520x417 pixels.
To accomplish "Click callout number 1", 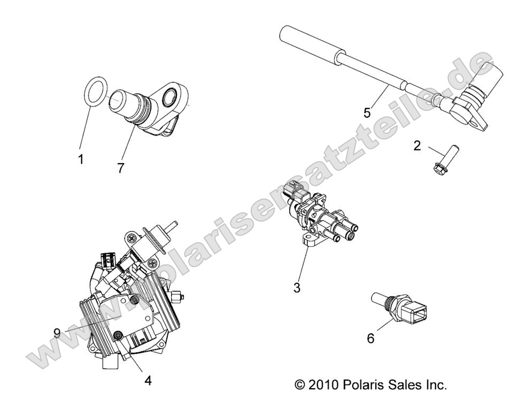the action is coord(81,160).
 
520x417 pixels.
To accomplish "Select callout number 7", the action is coord(121,168).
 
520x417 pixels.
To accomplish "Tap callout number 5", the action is coord(367,113).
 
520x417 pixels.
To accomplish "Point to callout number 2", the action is coord(417,146).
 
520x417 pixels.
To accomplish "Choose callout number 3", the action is coord(297,287).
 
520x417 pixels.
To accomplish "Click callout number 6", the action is coord(370,338).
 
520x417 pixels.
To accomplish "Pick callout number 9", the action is coord(57,332).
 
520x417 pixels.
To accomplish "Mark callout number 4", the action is coord(148,381).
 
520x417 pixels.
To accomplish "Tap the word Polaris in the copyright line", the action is coord(360,385).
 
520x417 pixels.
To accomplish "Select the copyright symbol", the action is coord(300,385).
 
